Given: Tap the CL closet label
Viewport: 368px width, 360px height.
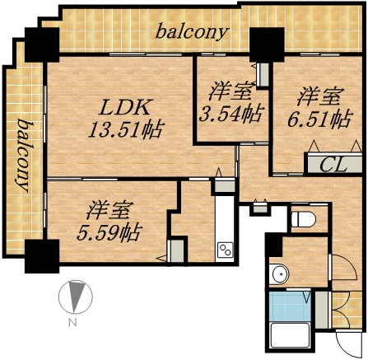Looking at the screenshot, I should [x=330, y=162].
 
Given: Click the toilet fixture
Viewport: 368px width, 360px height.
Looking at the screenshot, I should [x=301, y=219].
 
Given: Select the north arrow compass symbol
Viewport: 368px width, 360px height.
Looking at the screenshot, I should [x=74, y=297].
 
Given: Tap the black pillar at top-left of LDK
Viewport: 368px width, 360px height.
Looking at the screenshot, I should [x=39, y=44].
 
